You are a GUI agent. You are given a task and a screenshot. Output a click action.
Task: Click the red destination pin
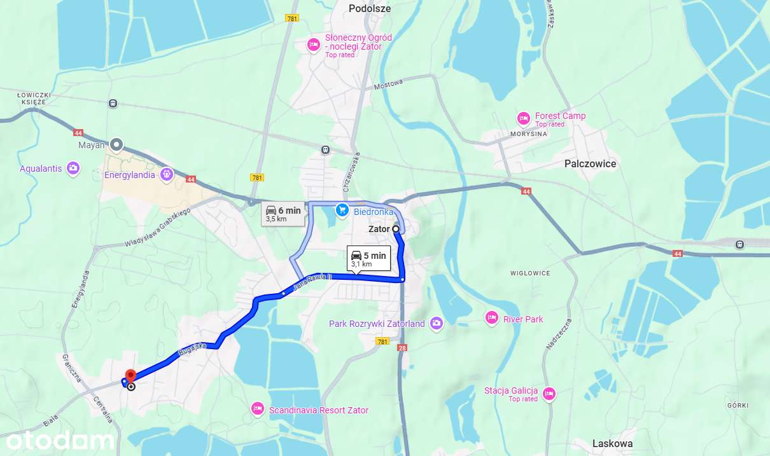pyautogui.click(x=130, y=376)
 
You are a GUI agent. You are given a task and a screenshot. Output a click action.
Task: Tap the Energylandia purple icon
pyautogui.click(x=167, y=173)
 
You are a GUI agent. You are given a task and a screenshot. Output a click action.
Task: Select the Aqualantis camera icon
pyautogui.click(x=74, y=168)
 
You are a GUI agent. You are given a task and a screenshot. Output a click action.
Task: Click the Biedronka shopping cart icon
pyautogui.click(x=342, y=210)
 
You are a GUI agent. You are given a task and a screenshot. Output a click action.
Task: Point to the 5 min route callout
pyautogui.click(x=368, y=258)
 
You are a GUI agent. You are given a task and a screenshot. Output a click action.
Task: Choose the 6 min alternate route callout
pyautogui.click(x=284, y=213)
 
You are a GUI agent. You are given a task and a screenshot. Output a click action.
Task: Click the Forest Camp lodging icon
pyautogui.click(x=523, y=118)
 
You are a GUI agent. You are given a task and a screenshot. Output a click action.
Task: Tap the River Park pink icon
pyautogui.click(x=491, y=318)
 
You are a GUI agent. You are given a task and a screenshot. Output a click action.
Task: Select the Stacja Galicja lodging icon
pyautogui.click(x=550, y=394)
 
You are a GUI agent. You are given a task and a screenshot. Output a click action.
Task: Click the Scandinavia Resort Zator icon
pyautogui.click(x=258, y=408)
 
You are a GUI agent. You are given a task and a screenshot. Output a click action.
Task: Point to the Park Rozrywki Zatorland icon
pyautogui.click(x=436, y=324)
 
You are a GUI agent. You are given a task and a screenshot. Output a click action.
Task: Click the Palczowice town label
pyautogui.click(x=590, y=163)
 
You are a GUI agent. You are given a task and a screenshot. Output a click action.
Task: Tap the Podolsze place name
pyautogui.click(x=370, y=9)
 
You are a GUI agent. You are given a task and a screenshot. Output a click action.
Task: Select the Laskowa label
pyautogui.click(x=612, y=443)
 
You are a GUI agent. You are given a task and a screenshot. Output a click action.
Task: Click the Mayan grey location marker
pyautogui.click(x=116, y=144)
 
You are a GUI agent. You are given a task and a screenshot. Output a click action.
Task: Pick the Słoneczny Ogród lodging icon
pyautogui.click(x=313, y=45)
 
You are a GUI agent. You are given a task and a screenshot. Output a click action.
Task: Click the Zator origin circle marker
pyautogui.click(x=396, y=229)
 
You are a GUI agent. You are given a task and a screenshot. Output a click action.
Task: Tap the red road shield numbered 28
pyautogui.click(x=402, y=348)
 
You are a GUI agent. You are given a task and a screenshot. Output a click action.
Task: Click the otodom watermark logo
pyautogui.click(x=60, y=441)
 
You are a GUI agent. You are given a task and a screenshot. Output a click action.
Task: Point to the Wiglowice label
pyautogui.click(x=529, y=273)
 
